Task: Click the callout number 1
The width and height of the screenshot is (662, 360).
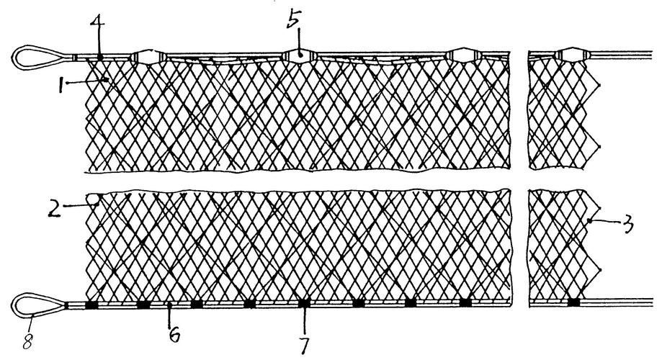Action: (x=62, y=85)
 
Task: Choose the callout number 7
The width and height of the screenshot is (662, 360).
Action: (x=305, y=345)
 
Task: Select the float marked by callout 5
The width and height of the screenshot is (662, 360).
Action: (x=299, y=55)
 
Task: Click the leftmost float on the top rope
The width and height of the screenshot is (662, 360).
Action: (x=147, y=56)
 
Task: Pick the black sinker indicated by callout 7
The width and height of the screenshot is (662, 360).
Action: (x=304, y=303)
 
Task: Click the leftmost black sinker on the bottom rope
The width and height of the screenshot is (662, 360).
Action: (x=91, y=305)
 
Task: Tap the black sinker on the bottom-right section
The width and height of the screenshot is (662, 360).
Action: (x=573, y=302)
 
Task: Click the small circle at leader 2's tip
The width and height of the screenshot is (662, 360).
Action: (x=92, y=198)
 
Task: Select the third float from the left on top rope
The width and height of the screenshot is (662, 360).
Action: (x=462, y=55)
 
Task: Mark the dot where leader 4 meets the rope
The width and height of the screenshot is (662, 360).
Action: (x=99, y=56)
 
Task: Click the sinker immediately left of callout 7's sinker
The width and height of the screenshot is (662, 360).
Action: (x=249, y=303)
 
